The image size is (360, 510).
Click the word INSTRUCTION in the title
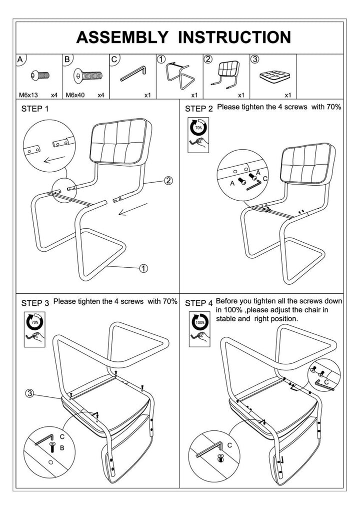point(234,38)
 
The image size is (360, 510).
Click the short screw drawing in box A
point(40,76)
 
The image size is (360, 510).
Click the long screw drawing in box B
point(87,76)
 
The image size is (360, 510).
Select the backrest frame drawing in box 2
point(227,74)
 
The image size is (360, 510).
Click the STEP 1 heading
point(35,109)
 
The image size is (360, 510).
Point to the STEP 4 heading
point(198,303)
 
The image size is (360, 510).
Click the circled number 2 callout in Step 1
point(168,181)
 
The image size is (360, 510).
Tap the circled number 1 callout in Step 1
point(143,269)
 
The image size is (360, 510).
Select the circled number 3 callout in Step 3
point(30,394)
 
